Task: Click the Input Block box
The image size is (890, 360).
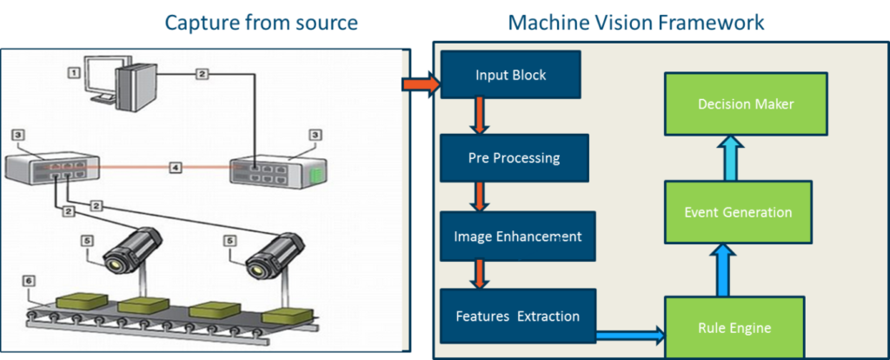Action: [511, 75]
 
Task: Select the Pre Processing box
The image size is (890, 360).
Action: [515, 158]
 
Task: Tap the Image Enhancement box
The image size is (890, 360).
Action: [518, 236]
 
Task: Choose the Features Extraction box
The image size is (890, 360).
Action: [518, 316]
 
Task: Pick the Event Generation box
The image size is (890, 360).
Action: [738, 212]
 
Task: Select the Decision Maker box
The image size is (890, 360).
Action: [746, 104]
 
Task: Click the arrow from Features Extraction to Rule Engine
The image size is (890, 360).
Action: [630, 332]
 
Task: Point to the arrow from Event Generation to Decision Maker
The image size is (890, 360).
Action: [733, 159]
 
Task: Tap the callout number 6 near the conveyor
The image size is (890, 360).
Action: [29, 281]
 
